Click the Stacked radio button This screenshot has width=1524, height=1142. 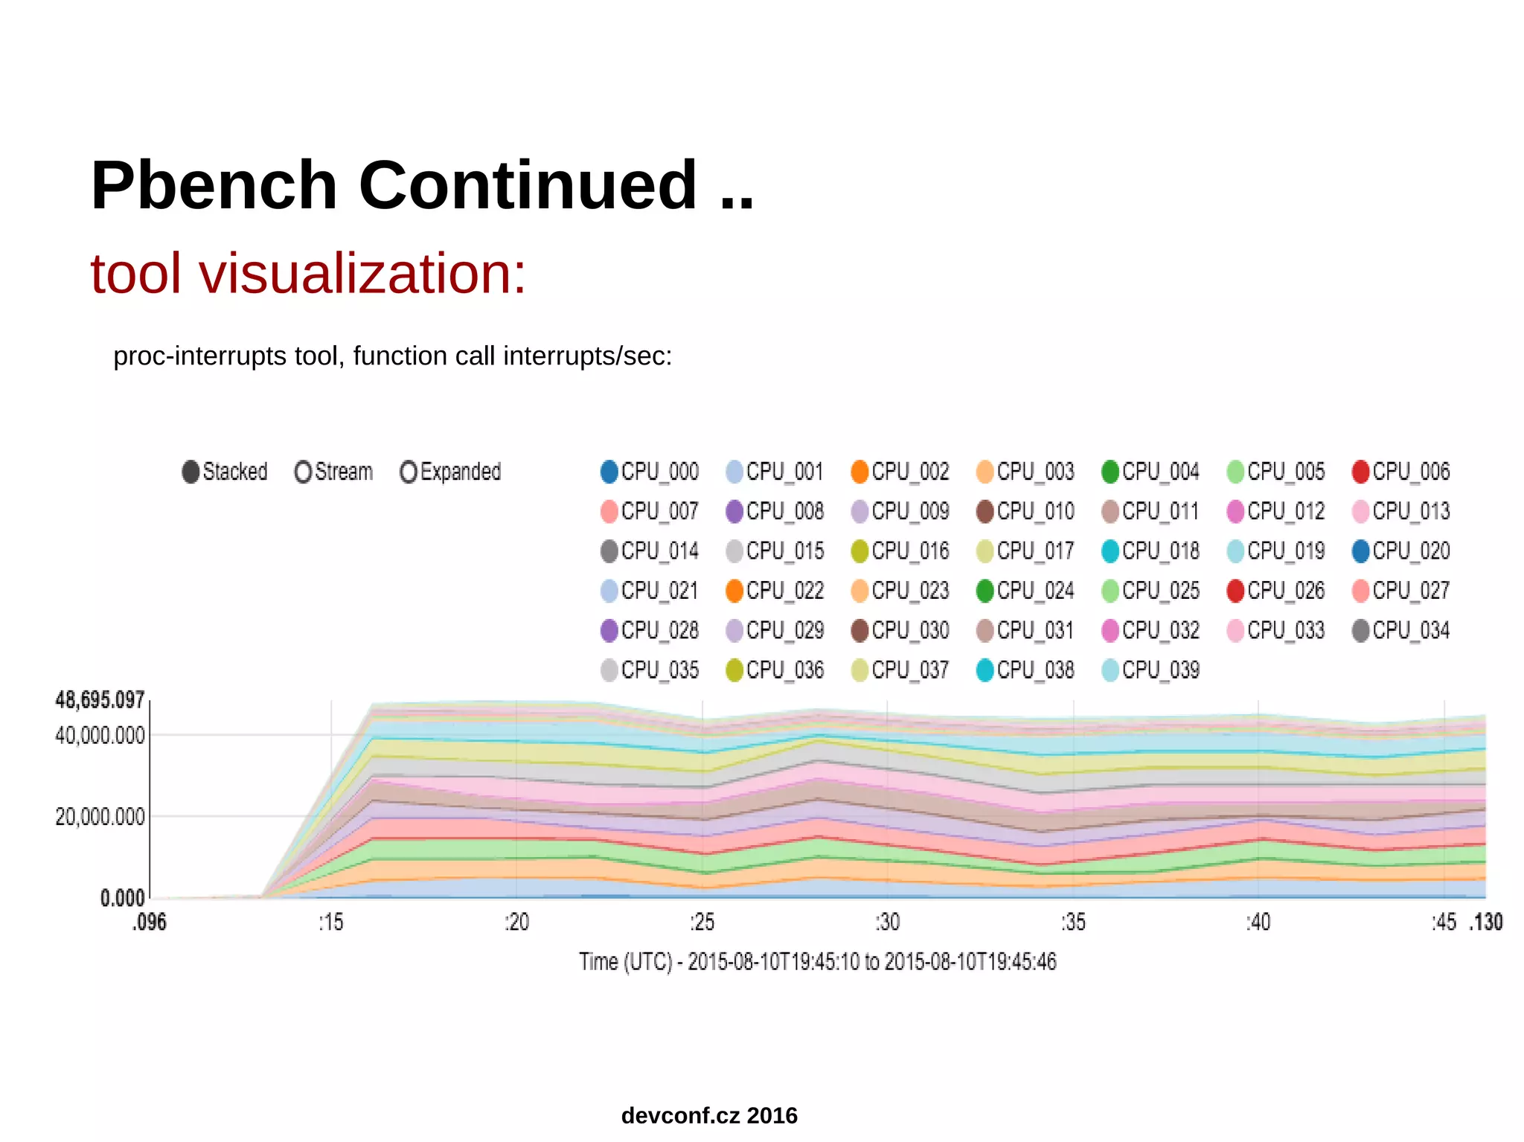click(190, 472)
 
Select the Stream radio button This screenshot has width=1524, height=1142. click(303, 472)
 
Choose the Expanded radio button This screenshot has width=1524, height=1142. click(408, 472)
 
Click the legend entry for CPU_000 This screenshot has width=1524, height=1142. click(650, 472)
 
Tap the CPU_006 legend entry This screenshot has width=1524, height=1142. click(1401, 472)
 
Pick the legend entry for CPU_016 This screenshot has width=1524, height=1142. click(900, 551)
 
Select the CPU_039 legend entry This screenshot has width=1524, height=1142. click(1151, 670)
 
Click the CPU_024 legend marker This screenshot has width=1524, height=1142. click(985, 591)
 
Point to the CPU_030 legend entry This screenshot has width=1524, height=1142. click(900, 631)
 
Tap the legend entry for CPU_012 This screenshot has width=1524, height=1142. click(1276, 512)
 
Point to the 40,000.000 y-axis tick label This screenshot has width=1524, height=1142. click(100, 736)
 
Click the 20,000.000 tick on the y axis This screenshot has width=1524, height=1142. click(100, 817)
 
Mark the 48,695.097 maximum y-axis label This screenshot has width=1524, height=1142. click(100, 700)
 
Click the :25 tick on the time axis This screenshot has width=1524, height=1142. click(702, 923)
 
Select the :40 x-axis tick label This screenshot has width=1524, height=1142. click(1258, 923)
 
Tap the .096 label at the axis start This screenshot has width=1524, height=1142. click(150, 923)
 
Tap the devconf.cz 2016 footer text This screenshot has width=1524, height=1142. click(709, 1115)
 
